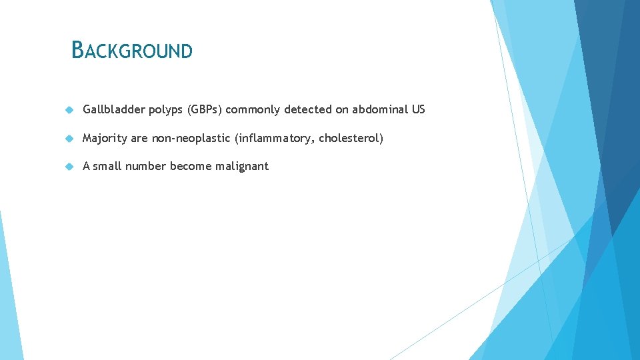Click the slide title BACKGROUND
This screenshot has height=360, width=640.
[x=132, y=50]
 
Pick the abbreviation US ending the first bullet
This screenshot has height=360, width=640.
[x=418, y=109]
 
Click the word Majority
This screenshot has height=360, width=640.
[x=104, y=138]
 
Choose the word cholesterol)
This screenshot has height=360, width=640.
[x=351, y=138]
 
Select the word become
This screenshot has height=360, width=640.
[x=191, y=166]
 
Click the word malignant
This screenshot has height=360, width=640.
[x=242, y=166]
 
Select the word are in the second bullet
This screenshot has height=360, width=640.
[x=139, y=138]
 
